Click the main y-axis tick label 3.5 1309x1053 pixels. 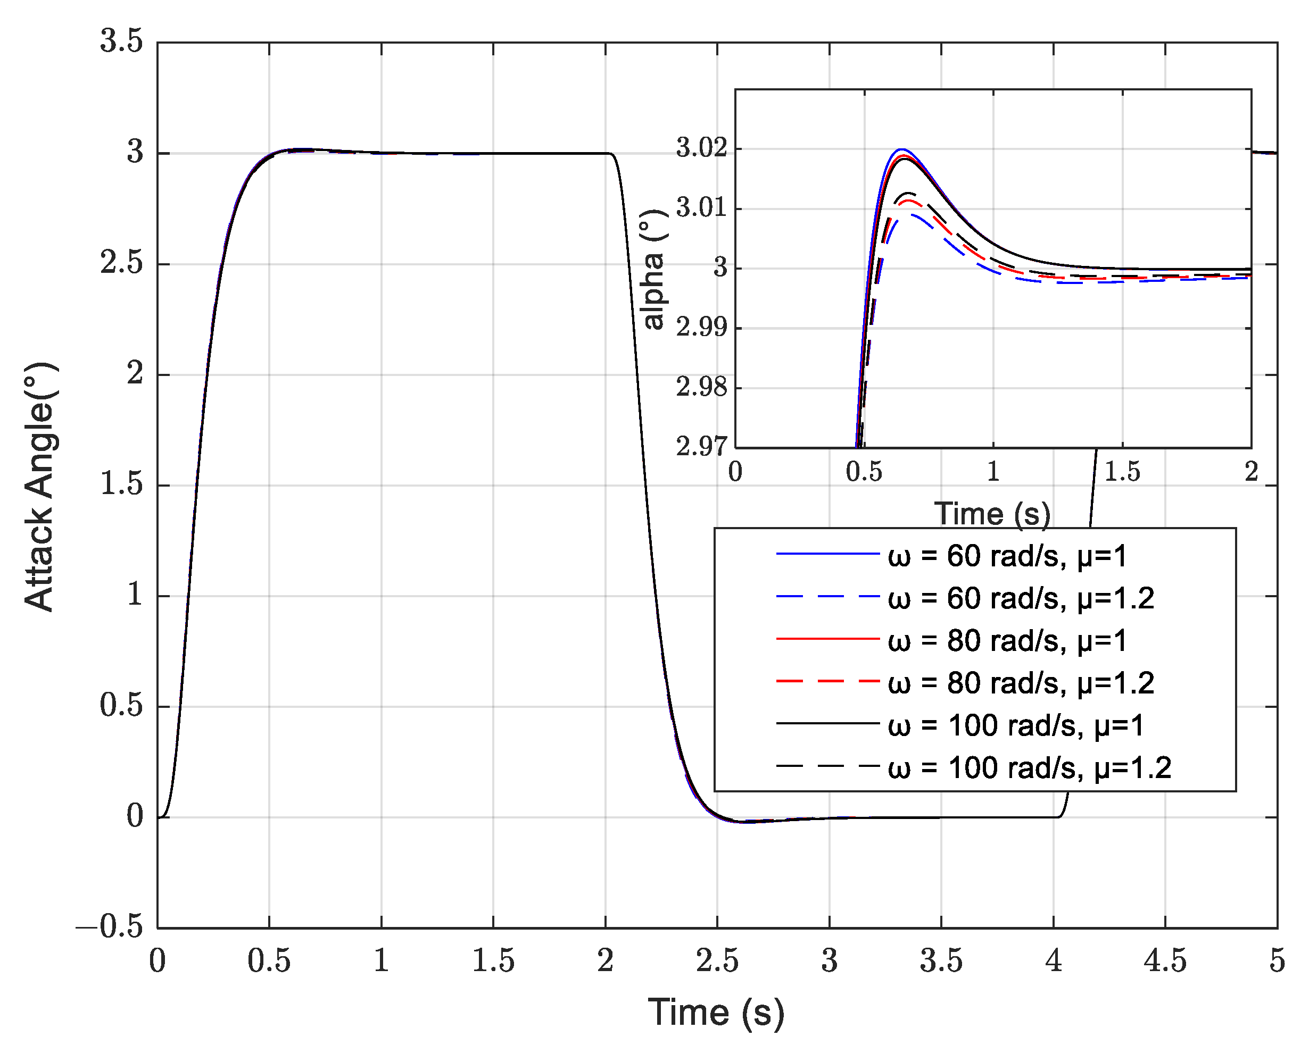[x=121, y=42]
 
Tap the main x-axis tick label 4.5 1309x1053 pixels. [x=1164, y=962]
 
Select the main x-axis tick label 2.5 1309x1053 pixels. [x=717, y=962]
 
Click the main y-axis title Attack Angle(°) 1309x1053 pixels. [x=40, y=486]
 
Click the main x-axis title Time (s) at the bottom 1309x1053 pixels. [x=716, y=1013]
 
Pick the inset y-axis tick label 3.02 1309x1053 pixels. [x=701, y=149]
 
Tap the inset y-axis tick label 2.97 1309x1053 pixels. [x=701, y=447]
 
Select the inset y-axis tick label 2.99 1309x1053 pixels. [x=701, y=328]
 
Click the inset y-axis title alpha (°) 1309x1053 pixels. [x=653, y=269]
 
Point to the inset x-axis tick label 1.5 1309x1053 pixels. [x=1122, y=472]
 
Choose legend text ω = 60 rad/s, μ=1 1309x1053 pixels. [x=1007, y=556]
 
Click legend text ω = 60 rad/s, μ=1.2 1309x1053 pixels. [x=1020, y=598]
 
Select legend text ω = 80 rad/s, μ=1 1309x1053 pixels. [x=1007, y=641]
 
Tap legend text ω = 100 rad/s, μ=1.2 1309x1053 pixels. [x=1029, y=768]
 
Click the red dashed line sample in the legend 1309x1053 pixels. [x=827, y=682]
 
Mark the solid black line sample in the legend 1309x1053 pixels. [x=827, y=723]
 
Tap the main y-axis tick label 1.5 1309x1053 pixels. [x=121, y=485]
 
